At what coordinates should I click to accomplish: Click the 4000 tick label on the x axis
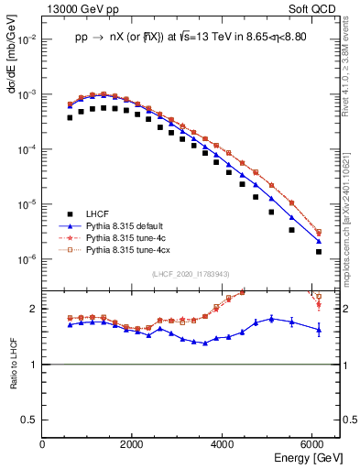coord(223,444)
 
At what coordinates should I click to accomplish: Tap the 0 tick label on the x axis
coord(43,444)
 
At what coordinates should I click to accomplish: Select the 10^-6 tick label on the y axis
coord(27,259)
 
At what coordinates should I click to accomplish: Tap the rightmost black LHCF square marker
coord(318,251)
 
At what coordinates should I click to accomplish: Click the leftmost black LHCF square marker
coord(70,117)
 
